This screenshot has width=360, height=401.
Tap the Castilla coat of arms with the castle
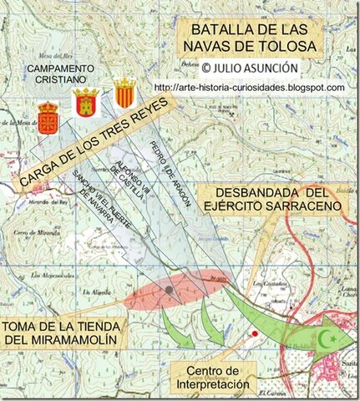pos(88,102)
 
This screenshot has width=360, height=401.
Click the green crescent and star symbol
pos(332,338)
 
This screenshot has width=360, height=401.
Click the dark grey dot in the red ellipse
pos(170,289)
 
